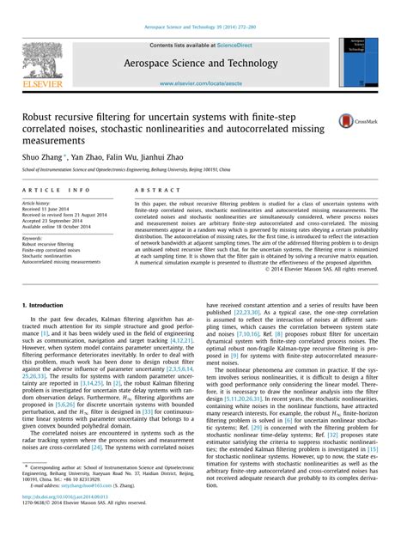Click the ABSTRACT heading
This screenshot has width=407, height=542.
pos(151,189)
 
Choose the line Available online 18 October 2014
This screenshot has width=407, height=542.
pos(55,225)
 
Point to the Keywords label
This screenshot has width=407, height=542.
pos(33,238)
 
